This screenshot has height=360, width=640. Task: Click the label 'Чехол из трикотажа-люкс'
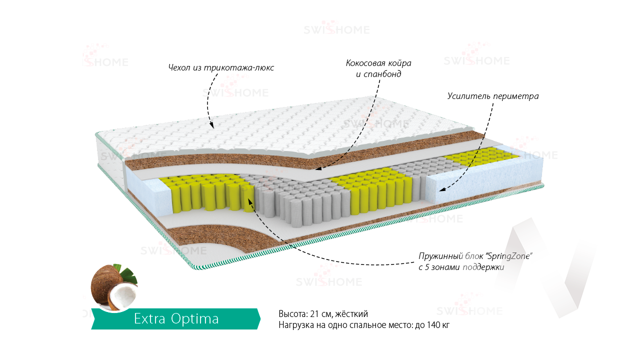pos(221,67)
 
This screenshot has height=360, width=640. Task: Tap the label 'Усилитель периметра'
pos(493,96)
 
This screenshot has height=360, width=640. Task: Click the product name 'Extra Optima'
pos(176,319)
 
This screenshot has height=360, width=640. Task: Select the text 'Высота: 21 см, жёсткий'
pos(323,314)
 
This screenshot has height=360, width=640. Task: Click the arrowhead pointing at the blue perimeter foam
pos(441,189)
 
